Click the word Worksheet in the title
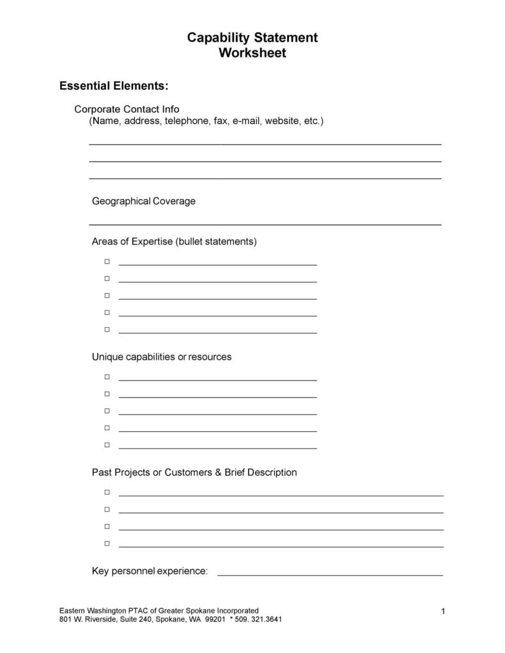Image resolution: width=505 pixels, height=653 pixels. pyautogui.click(x=252, y=53)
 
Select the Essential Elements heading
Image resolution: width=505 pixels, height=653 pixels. pyautogui.click(x=114, y=86)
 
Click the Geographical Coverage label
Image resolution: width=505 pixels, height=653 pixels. pyautogui.click(x=144, y=201)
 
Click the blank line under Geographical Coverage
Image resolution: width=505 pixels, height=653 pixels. pyautogui.click(x=265, y=224)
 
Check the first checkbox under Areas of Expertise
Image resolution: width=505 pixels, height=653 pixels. pyautogui.click(x=107, y=261)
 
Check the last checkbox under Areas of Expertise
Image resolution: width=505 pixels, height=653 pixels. pyautogui.click(x=107, y=330)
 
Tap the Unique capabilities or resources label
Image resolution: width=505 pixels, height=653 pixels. pyautogui.click(x=162, y=357)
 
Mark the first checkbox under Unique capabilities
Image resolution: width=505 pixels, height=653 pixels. pyautogui.click(x=107, y=377)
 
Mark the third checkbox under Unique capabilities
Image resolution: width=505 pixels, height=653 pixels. pyautogui.click(x=107, y=411)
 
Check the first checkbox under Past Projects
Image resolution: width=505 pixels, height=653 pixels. pyautogui.click(x=107, y=493)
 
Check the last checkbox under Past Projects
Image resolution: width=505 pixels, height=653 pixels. pyautogui.click(x=107, y=544)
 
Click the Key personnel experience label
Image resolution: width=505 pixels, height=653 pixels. pyautogui.click(x=150, y=571)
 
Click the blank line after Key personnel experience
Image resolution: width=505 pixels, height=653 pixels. pyautogui.click(x=330, y=575)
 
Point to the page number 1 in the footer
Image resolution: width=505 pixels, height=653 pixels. pyautogui.click(x=443, y=612)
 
